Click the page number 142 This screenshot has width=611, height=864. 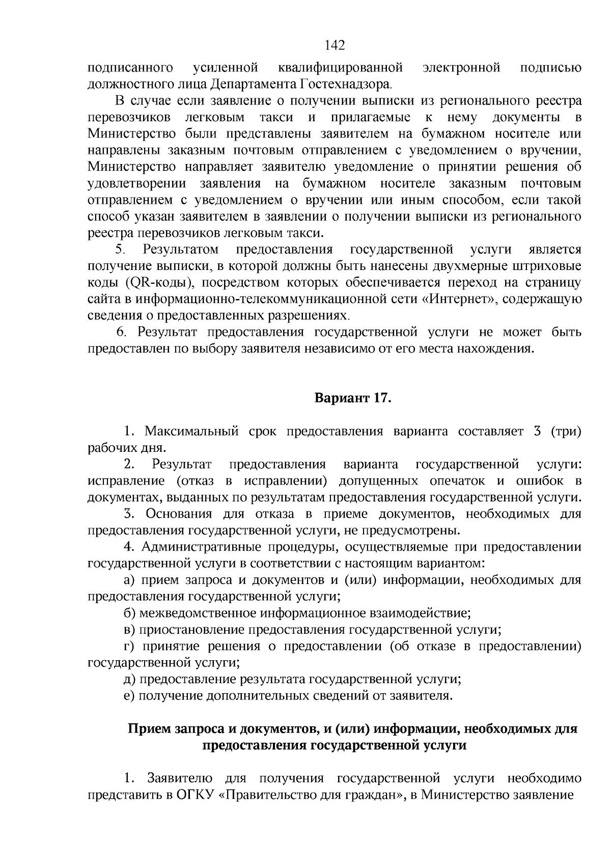(x=335, y=46)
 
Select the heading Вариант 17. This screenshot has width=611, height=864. (x=352, y=398)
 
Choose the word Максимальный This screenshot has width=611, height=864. (x=192, y=431)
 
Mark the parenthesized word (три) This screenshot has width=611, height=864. (x=565, y=431)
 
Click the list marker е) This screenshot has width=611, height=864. (x=129, y=696)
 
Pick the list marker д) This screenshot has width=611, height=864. (x=129, y=679)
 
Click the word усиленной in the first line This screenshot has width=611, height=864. (x=226, y=68)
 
